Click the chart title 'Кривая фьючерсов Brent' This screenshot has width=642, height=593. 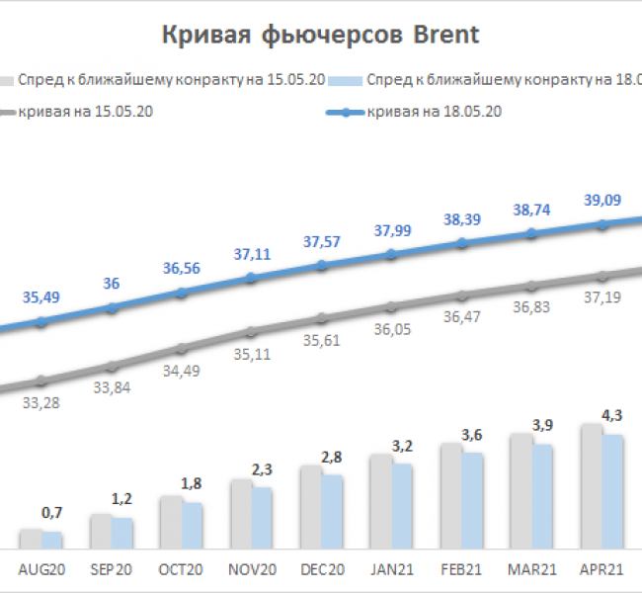(x=320, y=36)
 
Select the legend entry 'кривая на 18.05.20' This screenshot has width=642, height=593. (x=435, y=112)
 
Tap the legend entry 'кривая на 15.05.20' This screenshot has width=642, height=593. (x=83, y=112)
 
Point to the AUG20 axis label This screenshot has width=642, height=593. (x=41, y=569)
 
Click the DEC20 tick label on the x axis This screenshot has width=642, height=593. (x=321, y=569)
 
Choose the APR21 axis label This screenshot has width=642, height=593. (x=602, y=569)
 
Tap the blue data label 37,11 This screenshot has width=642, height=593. (x=251, y=254)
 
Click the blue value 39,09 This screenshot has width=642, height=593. (x=602, y=201)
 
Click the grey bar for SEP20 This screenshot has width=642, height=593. (x=101, y=531)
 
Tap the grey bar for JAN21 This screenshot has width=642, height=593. (x=381, y=501)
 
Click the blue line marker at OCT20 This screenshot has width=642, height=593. (x=181, y=293)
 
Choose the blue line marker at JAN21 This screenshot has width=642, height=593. (x=391, y=254)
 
